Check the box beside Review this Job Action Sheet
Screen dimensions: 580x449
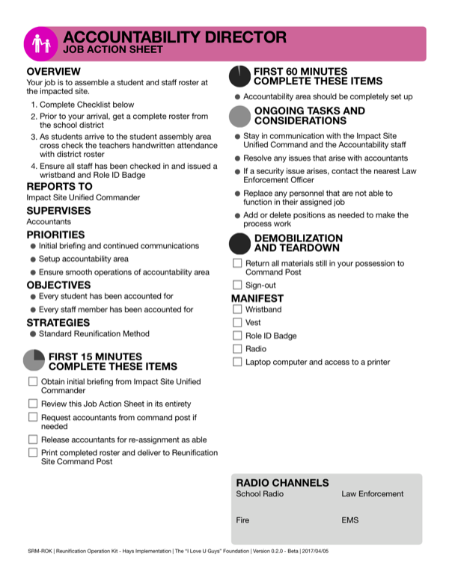click(x=33, y=404)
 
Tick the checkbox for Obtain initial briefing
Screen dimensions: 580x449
click(x=33, y=382)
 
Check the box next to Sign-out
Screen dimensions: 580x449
click(x=237, y=285)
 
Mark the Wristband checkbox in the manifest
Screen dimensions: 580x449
click(x=237, y=309)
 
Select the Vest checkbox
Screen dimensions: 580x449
click(x=237, y=322)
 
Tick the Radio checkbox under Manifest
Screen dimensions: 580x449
click(x=237, y=349)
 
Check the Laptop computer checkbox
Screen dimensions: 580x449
click(x=237, y=362)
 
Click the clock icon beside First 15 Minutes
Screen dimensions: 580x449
click(x=34, y=360)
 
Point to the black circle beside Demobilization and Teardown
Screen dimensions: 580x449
click(x=239, y=243)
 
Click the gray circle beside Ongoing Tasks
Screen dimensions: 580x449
click(x=239, y=116)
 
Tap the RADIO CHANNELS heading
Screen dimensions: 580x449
click(x=282, y=483)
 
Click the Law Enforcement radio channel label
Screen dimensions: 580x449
click(x=372, y=494)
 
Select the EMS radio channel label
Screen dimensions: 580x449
click(x=349, y=520)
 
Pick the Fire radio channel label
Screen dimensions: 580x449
click(x=242, y=520)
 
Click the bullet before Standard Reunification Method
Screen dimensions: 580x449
click(x=33, y=334)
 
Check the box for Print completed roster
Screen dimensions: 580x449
click(x=33, y=453)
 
